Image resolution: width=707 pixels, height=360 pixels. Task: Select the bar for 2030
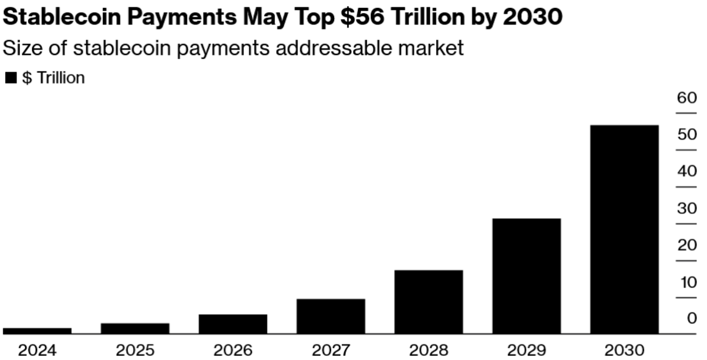click(624, 229)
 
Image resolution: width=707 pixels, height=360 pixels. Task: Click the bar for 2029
click(526, 276)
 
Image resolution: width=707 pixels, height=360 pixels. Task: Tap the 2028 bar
click(429, 302)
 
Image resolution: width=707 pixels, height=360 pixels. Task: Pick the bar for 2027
click(331, 316)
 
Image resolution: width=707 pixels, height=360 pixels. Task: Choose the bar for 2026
click(233, 324)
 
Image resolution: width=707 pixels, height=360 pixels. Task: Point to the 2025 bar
click(135, 328)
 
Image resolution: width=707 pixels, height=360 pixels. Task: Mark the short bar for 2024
click(37, 331)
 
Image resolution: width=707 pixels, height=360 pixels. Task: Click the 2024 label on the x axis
click(37, 351)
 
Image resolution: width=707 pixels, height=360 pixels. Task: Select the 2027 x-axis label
click(331, 351)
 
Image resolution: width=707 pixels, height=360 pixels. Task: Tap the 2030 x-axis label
click(624, 351)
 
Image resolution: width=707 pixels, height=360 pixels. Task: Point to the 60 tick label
click(687, 98)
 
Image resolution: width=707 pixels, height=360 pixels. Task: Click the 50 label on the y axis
click(687, 134)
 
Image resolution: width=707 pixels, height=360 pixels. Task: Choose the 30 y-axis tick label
click(687, 208)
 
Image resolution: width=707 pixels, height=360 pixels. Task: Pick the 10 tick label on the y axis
click(688, 282)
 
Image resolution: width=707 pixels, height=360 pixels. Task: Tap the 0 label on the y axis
click(692, 318)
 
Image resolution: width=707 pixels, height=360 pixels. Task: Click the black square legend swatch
click(10, 78)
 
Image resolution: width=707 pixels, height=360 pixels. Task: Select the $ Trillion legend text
click(53, 78)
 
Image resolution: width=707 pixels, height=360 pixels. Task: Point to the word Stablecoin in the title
click(62, 17)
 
